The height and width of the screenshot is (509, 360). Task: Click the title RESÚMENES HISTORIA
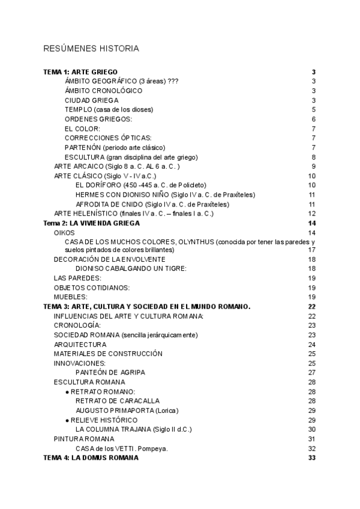point(91,48)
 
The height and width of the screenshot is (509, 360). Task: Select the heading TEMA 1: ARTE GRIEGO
point(80,72)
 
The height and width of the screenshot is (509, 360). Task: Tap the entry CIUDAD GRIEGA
point(92,100)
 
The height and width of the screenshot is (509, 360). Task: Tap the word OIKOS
point(64,233)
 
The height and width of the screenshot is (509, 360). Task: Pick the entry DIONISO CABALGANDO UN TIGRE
point(131,268)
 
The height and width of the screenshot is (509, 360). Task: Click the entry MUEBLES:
point(67,297)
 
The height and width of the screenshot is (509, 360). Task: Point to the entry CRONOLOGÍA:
point(73,325)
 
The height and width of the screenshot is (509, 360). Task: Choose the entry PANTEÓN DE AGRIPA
point(110,372)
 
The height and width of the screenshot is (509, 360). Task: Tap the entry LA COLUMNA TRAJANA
point(112,429)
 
